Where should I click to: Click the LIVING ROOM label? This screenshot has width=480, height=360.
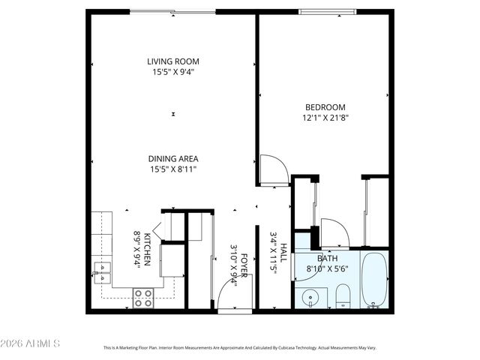click(x=173, y=61)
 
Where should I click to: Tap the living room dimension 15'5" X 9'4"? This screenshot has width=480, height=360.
click(x=173, y=72)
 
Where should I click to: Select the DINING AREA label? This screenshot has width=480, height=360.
click(x=173, y=158)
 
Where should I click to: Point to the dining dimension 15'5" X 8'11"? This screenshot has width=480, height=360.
click(x=173, y=169)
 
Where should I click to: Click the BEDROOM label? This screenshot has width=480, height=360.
click(x=325, y=106)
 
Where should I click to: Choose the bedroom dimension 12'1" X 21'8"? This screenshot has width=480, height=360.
click(x=325, y=117)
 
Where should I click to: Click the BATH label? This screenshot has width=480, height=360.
click(x=328, y=257)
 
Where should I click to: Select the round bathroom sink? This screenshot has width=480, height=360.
click(x=308, y=297)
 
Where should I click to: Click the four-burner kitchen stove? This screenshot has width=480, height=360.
click(x=143, y=298)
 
